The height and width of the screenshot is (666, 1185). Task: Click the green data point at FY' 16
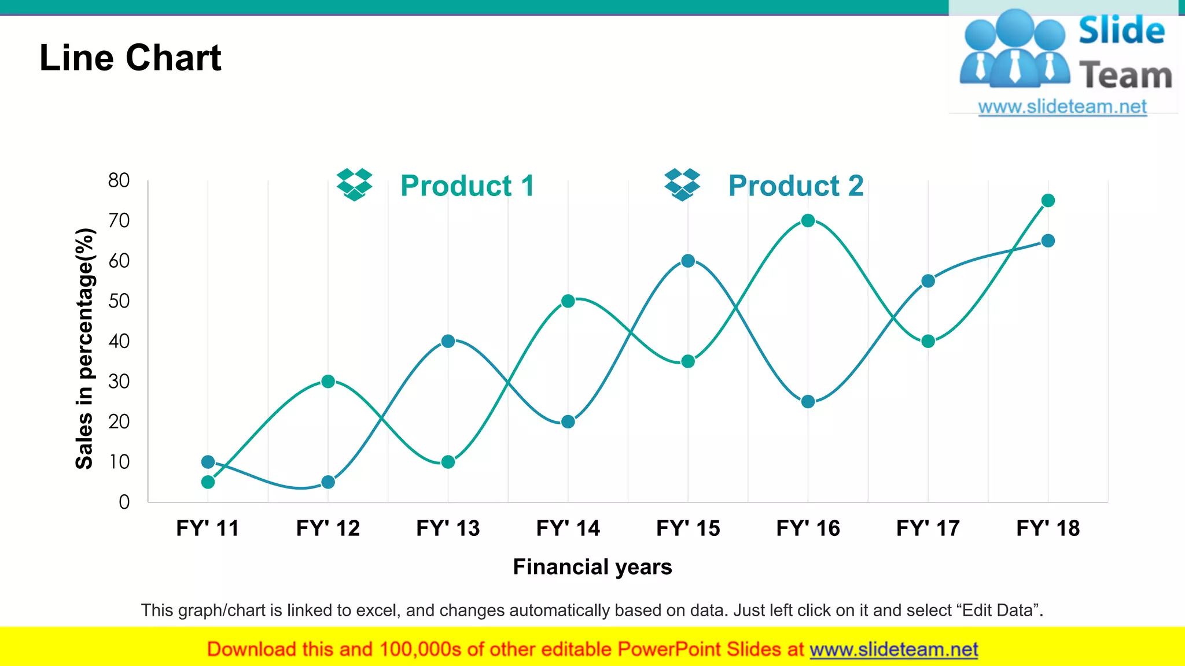[x=808, y=220]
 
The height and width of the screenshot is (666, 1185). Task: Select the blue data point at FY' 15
[x=688, y=261]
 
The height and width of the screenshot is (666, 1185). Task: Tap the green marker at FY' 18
[x=1048, y=201]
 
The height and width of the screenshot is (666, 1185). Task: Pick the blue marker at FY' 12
[x=328, y=482]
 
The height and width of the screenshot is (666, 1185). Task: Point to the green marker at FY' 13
[x=448, y=462]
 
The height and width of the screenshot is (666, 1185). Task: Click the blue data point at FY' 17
[x=928, y=281]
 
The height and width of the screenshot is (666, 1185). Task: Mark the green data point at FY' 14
[x=568, y=301]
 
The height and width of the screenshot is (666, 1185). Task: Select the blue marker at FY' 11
[x=208, y=462]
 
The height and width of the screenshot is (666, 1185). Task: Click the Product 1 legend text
[x=467, y=186]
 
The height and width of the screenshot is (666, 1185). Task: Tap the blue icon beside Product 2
[x=682, y=184]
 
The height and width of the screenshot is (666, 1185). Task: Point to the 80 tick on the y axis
[x=119, y=180]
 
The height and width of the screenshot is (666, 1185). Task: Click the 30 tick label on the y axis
[x=119, y=382]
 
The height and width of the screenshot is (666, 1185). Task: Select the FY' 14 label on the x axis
[x=568, y=528]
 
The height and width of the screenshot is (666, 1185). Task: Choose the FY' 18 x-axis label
[x=1048, y=528]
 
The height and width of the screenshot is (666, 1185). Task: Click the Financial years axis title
[x=592, y=567]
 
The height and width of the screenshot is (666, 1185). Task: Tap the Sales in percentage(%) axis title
[x=85, y=349]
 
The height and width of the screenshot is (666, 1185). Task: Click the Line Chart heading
[x=130, y=58]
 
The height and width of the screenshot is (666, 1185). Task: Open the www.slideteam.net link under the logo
[x=1062, y=106]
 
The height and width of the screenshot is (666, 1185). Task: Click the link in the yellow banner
[x=893, y=649]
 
